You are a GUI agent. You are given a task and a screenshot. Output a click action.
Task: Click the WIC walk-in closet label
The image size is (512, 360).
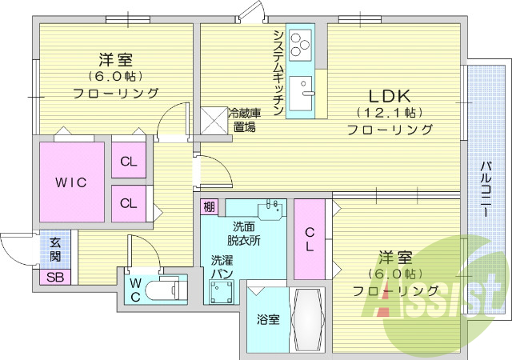(70, 182)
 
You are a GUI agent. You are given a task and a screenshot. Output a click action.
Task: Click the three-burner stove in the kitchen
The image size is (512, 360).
(301, 44)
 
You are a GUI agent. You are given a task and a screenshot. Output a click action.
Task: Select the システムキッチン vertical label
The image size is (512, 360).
(278, 72)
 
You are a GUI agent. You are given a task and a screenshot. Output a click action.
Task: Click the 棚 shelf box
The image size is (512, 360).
(209, 207)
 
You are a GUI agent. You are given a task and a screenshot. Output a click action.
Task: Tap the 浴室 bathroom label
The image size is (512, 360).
(267, 320)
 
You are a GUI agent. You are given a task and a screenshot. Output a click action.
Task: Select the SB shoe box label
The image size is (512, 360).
(55, 278)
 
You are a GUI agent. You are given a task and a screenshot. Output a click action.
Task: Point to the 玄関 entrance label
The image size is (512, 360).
(55, 250)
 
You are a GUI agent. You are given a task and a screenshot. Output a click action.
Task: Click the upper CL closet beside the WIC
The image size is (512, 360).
(128, 162)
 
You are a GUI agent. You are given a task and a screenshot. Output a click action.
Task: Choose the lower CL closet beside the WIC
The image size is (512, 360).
(128, 202)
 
